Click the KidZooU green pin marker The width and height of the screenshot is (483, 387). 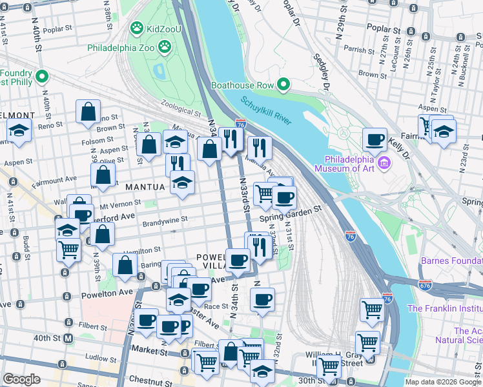point(136,28)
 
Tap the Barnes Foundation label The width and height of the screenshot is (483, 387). point(451,261)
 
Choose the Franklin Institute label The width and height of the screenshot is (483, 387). point(444,308)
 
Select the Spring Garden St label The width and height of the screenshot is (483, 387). point(290,213)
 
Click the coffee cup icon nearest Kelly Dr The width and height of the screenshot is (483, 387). point(375,139)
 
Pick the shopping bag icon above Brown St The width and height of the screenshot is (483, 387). point(88,112)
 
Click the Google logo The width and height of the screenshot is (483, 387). point(22,379)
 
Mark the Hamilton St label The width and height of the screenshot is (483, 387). point(139,250)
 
